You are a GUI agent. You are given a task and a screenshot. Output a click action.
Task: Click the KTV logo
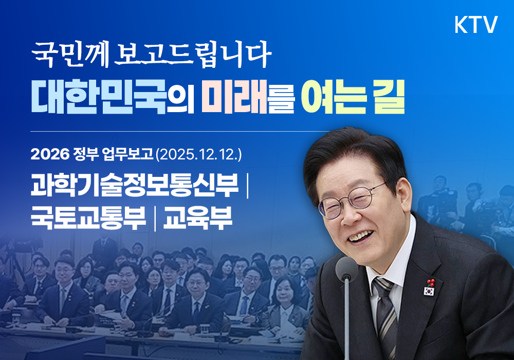coord(476,25)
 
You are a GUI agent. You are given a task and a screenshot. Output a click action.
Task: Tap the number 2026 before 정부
coord(46,153)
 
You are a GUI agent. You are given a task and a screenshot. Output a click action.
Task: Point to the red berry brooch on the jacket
coord(431,282)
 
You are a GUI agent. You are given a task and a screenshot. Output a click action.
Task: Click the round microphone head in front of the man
coord(346,268)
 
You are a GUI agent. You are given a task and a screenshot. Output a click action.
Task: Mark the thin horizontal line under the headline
coord(175,132)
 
